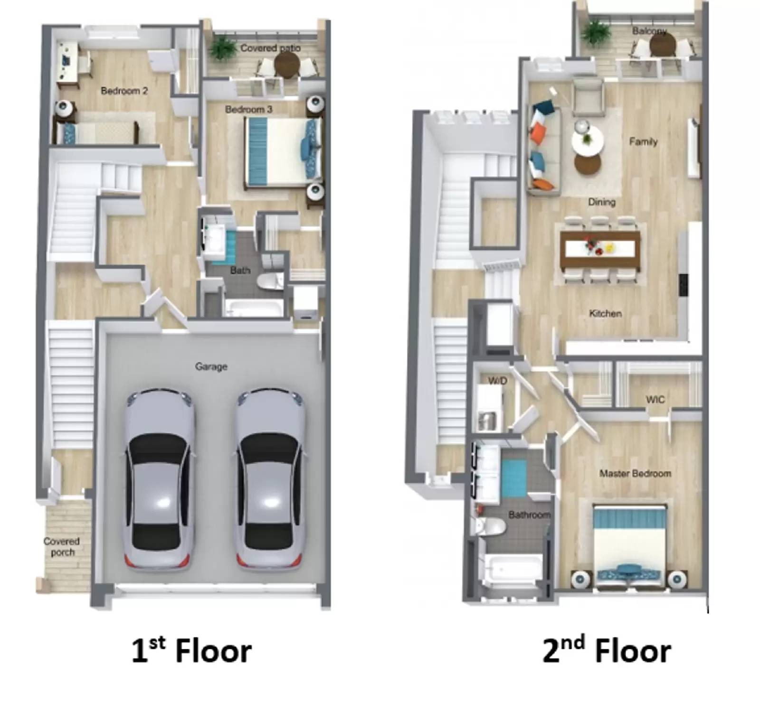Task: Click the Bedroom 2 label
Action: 124,91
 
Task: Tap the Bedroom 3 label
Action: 248,109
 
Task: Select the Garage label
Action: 211,366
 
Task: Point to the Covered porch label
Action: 62,546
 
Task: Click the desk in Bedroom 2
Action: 67,62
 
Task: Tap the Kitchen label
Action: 605,313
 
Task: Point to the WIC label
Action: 655,400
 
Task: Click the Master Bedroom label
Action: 635,473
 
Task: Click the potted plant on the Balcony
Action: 596,32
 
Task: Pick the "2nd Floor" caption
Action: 607,650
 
